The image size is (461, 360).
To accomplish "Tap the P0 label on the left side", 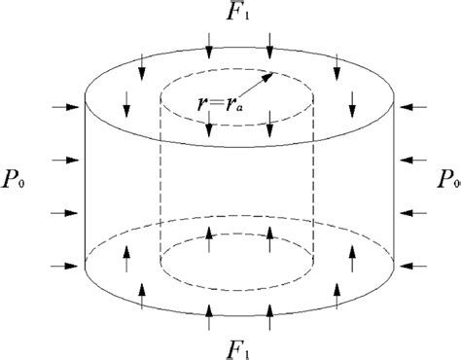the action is pos(17,182).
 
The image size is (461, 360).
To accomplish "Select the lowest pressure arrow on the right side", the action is pos(409,264).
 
